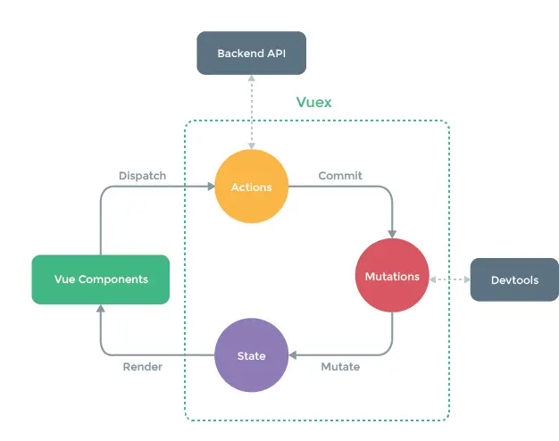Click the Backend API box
tap(251, 54)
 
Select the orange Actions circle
tap(251, 187)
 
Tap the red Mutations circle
tap(392, 275)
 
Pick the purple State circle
tap(251, 355)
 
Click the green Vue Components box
tap(101, 279)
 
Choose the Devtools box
tap(514, 279)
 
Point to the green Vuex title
tap(313, 103)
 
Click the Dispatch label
tap(142, 176)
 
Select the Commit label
tap(340, 175)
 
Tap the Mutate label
tap(340, 367)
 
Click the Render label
tap(143, 367)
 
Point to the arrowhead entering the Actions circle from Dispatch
tap(211, 187)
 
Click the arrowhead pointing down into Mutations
tap(392, 234)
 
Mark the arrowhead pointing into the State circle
tap(292, 355)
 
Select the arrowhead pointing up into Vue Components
tap(101, 308)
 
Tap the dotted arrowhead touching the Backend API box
tap(251, 78)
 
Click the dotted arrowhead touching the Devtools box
tap(467, 279)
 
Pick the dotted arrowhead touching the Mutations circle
tap(433, 279)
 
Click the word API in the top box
tap(276, 54)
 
